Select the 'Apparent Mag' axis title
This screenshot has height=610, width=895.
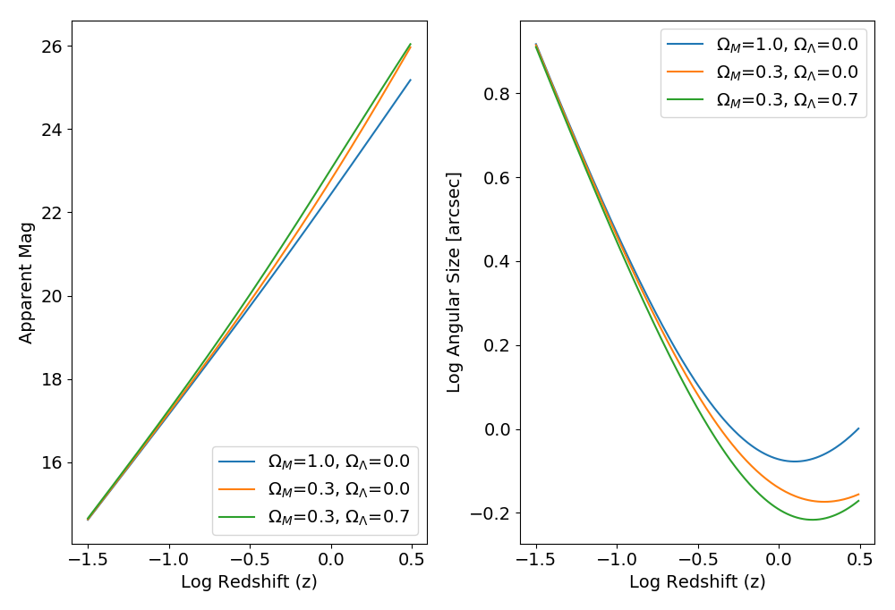[26, 283]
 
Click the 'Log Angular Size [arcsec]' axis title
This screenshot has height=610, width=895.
[454, 283]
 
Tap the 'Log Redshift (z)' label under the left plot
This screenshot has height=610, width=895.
[249, 581]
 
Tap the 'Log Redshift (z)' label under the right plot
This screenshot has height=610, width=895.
[697, 581]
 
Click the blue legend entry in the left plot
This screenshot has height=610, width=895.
[338, 462]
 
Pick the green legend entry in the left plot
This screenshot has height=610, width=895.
[338, 517]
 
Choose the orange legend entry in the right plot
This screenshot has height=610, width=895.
[787, 72]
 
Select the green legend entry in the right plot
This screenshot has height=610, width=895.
[787, 100]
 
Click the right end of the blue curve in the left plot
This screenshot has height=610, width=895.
[411, 80]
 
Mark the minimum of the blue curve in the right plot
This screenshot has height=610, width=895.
[794, 462]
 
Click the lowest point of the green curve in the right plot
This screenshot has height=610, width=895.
[812, 520]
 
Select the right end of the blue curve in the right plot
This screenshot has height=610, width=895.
[859, 428]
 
